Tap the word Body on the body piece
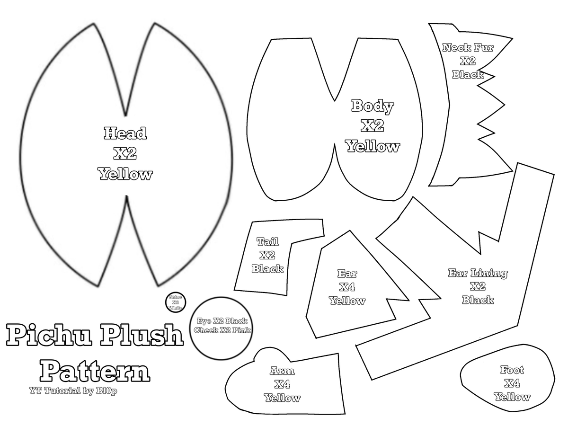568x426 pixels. (x=373, y=106)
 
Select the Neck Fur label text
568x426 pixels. (x=467, y=47)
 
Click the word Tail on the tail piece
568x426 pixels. (x=267, y=241)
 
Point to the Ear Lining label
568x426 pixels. (x=478, y=273)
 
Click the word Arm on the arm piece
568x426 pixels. (x=282, y=370)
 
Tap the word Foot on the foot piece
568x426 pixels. (x=512, y=370)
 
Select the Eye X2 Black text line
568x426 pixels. (x=222, y=321)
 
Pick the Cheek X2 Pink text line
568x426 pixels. (x=222, y=330)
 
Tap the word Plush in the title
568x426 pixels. (x=142, y=337)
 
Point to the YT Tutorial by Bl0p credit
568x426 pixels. (x=73, y=391)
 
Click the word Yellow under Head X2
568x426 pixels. (x=125, y=174)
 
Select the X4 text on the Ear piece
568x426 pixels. (x=347, y=287)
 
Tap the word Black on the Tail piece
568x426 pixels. (x=267, y=269)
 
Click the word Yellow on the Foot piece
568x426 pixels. (x=512, y=397)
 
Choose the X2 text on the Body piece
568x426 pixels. (x=373, y=126)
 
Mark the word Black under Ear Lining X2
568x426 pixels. (x=478, y=300)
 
